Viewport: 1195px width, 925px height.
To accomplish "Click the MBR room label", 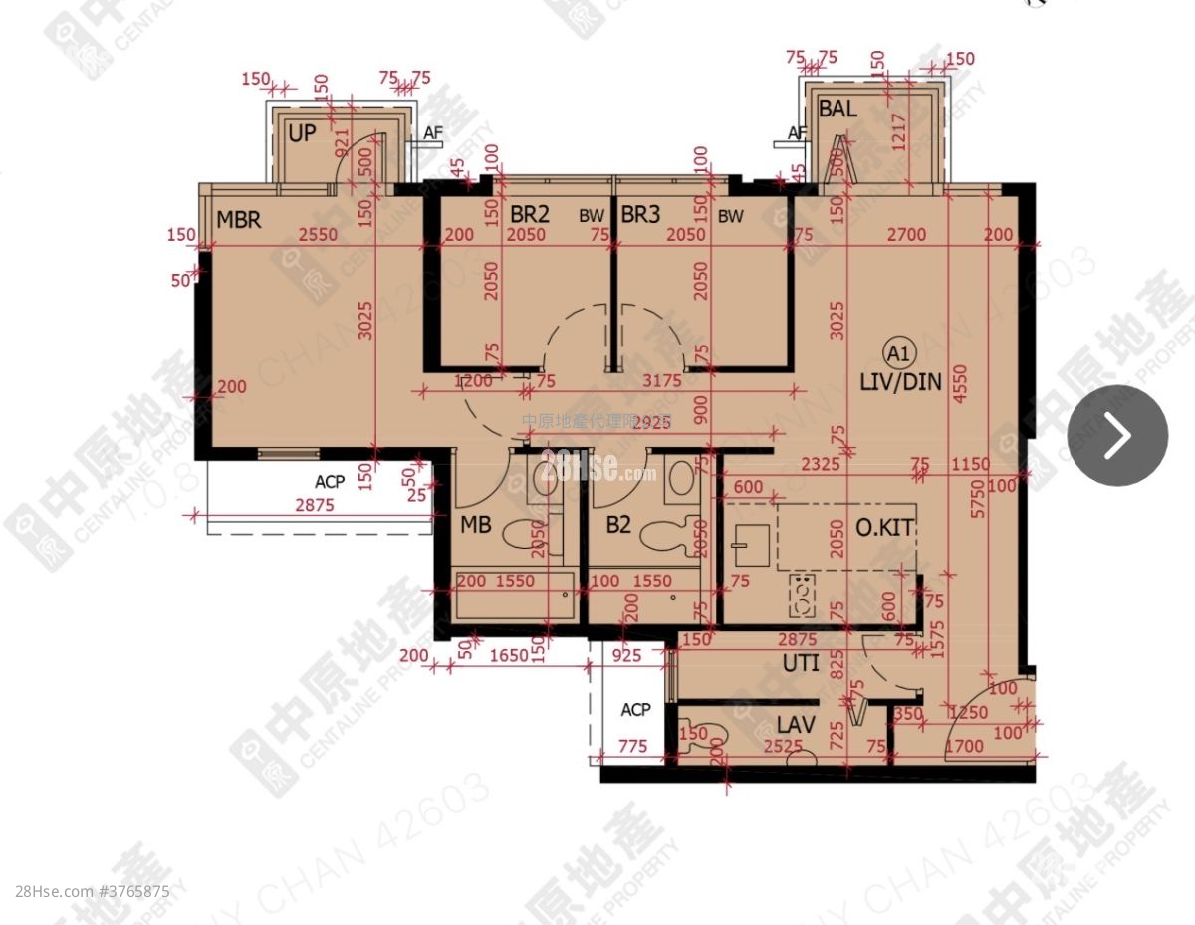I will (239, 219).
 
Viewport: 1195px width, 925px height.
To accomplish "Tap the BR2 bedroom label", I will (530, 214).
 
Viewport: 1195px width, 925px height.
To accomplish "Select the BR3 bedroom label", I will (642, 214).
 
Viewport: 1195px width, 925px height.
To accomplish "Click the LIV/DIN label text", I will (900, 382).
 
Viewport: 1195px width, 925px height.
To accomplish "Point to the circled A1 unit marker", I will (898, 352).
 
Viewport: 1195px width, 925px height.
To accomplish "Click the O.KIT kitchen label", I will (882, 528).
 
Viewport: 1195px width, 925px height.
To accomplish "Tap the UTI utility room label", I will (800, 662).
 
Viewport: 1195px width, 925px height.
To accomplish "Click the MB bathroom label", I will (475, 525).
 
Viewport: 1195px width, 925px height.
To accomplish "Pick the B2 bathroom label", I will (618, 525).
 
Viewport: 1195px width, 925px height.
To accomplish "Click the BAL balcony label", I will (836, 110).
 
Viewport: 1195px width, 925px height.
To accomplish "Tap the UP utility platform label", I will (302, 132).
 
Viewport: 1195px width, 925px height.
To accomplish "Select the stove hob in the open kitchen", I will (801, 595).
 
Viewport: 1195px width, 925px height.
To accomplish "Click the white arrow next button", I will (1117, 435).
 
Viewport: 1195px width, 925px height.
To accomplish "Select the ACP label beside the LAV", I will (635, 710).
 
